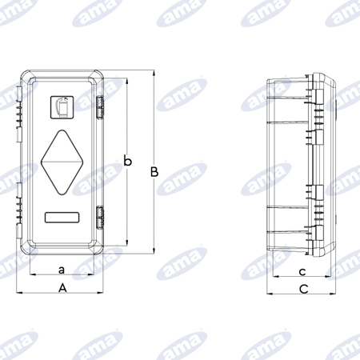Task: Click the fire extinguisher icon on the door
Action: pyautogui.click(x=62, y=107)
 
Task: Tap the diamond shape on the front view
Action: pyautogui.click(x=62, y=162)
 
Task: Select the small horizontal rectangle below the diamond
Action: pyautogui.click(x=62, y=218)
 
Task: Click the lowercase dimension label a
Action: pyautogui.click(x=62, y=270)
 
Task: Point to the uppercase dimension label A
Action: pyautogui.click(x=62, y=288)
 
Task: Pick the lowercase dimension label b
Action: pyautogui.click(x=128, y=161)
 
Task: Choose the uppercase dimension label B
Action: pyautogui.click(x=154, y=172)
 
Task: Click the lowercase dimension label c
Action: pyautogui.click(x=302, y=272)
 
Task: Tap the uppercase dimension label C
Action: pyautogui.click(x=304, y=289)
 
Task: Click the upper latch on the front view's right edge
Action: pyautogui.click(x=100, y=108)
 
